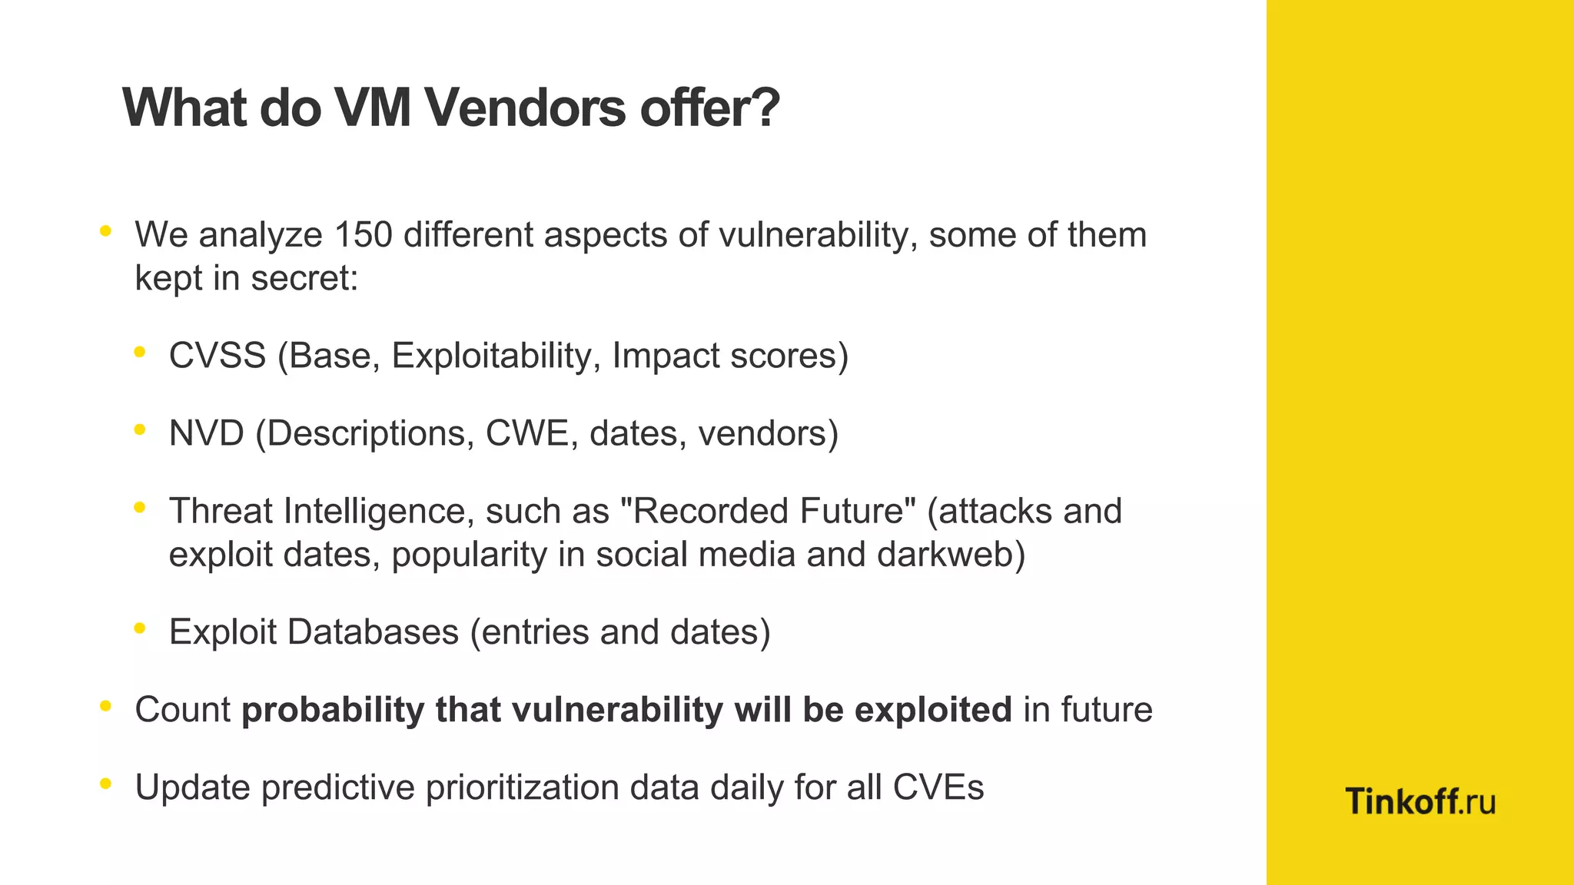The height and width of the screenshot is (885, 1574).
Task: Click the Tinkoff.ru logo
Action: (1420, 802)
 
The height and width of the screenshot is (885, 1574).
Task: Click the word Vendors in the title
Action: (526, 108)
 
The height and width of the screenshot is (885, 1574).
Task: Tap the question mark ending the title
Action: (764, 108)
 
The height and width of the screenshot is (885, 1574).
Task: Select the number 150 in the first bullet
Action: (363, 235)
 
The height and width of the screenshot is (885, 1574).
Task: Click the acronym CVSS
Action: (218, 356)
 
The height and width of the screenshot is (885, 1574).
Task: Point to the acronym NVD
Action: (206, 434)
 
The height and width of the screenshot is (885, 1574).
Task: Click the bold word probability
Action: (332, 711)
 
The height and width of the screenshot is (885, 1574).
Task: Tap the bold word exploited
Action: (933, 710)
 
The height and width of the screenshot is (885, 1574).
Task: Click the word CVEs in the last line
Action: (938, 787)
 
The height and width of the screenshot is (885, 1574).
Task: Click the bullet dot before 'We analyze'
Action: (106, 230)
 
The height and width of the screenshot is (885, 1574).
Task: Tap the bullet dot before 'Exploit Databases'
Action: (139, 628)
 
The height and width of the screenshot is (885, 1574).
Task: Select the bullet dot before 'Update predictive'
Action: (106, 784)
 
